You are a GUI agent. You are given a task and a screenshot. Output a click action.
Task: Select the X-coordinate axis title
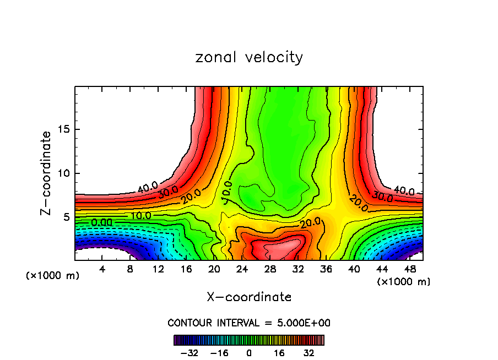(x=249, y=297)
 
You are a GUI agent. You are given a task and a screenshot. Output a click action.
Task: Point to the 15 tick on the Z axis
(x=62, y=130)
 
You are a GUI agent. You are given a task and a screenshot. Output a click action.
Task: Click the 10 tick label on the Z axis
(x=62, y=173)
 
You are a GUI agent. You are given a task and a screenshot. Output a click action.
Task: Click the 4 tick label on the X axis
(x=102, y=269)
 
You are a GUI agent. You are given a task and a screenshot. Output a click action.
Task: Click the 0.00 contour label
(x=102, y=222)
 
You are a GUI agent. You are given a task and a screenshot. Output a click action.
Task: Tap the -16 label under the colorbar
(x=219, y=353)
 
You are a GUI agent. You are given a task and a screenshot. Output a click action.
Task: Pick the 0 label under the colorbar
(x=249, y=353)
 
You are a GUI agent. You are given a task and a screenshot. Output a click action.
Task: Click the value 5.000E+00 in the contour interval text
(x=301, y=323)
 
